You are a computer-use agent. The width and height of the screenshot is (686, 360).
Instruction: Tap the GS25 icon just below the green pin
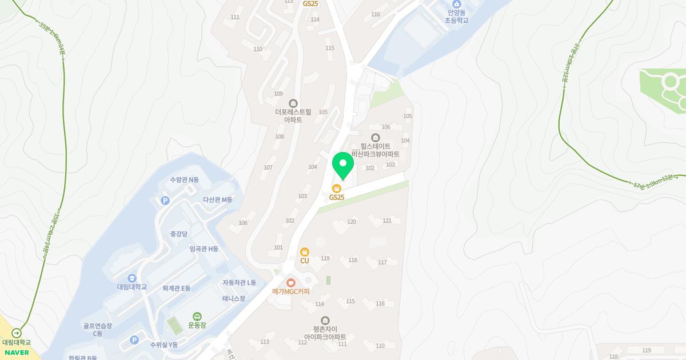point(337,188)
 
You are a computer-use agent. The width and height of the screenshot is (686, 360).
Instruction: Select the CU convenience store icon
point(305,252)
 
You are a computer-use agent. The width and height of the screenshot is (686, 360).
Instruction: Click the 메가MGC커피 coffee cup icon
point(291,282)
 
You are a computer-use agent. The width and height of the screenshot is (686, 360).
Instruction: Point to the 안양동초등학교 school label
point(456,16)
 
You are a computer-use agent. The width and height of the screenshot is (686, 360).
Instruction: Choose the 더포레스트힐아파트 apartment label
point(293,115)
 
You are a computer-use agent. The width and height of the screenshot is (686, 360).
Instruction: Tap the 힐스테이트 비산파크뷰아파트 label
point(376,150)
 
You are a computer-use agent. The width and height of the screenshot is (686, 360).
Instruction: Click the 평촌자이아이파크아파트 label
point(325,333)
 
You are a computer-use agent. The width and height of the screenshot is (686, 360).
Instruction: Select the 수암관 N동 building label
point(185,180)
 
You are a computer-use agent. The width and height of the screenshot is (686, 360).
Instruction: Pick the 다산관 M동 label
point(218,199)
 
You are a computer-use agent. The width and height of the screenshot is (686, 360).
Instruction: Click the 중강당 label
point(178,234)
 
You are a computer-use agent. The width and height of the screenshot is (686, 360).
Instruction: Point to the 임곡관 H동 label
point(204,249)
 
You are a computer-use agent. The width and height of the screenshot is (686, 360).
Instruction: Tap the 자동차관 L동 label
point(240,283)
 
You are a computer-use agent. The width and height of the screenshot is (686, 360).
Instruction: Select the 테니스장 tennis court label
point(233,298)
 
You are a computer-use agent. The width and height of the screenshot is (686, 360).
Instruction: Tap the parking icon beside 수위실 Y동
point(134,340)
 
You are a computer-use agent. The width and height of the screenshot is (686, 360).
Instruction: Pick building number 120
point(352,222)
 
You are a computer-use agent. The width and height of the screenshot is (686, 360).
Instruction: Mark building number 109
point(278,94)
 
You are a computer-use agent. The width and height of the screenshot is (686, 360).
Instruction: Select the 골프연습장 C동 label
point(97,330)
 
